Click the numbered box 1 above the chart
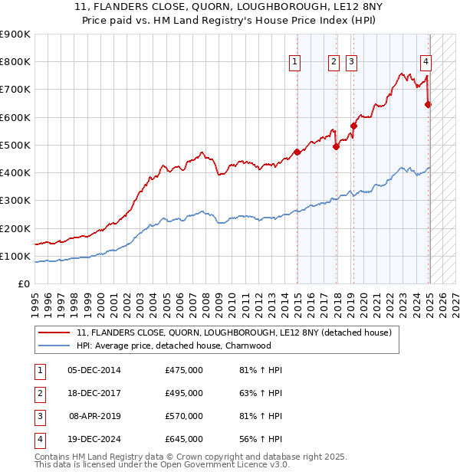click(295, 63)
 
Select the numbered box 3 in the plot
click(351, 63)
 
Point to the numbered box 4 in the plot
click(426, 63)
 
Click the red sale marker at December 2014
click(297, 152)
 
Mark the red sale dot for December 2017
click(337, 146)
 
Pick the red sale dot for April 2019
click(353, 126)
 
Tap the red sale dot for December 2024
click(429, 105)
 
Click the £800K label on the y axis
click(15, 62)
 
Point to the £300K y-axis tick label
click(15, 201)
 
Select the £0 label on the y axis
click(23, 284)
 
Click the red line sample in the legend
click(53, 332)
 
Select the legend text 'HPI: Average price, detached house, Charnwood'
click(174, 346)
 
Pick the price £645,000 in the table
click(184, 440)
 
